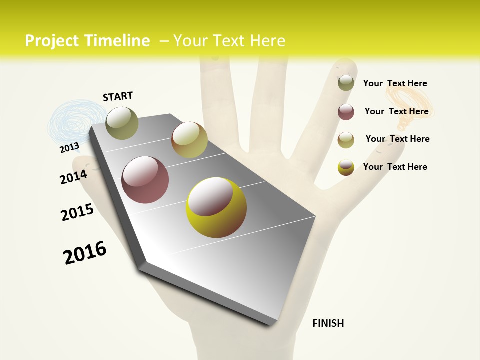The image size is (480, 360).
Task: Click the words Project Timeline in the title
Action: coord(87,41)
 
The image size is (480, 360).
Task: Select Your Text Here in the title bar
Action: coord(229,41)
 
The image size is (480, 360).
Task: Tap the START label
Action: coord(118,96)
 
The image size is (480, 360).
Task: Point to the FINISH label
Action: coord(328,323)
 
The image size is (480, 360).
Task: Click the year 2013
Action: coord(69,147)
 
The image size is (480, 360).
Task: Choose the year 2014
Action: coord(73,177)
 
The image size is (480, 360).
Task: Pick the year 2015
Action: coord(77,212)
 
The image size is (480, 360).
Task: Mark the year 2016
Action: coord(85,253)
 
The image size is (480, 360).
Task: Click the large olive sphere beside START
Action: coord(122,123)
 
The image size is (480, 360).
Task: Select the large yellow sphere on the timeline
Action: coord(216,207)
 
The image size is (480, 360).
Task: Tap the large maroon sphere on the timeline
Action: coord(145,180)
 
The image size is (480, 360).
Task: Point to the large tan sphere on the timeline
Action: coord(189,140)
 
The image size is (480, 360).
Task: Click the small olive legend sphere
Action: coord(346,83)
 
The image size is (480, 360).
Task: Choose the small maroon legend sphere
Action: coord(346,112)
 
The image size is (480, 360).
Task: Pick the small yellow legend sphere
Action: coord(346,167)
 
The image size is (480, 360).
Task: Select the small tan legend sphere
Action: coord(346,140)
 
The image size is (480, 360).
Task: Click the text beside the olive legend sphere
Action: coord(395,83)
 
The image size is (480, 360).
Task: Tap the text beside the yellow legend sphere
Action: coord(395,167)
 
